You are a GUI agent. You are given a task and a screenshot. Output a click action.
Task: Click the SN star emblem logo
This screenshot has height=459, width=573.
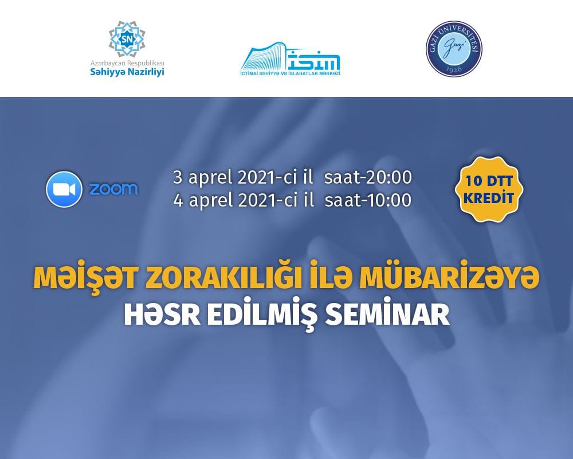point(127,39)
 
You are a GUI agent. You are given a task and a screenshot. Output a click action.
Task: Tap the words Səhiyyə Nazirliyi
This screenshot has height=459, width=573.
point(127,72)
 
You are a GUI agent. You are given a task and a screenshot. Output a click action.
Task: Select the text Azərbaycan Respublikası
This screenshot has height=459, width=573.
point(127,63)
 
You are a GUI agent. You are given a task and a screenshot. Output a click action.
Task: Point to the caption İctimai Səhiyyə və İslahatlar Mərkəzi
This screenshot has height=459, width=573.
point(290,73)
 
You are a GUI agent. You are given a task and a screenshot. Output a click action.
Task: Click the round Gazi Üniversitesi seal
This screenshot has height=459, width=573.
point(454,49)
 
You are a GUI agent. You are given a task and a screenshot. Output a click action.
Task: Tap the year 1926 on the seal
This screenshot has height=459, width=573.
point(454,69)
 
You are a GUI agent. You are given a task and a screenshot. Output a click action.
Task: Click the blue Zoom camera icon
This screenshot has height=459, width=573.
point(64,189)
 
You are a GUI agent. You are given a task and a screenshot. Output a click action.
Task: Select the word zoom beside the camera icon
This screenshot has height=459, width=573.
point(113,189)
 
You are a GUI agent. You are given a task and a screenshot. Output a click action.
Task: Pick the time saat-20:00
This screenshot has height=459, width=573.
point(368,177)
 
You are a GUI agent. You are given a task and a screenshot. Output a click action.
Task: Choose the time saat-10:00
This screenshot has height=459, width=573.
point(368,200)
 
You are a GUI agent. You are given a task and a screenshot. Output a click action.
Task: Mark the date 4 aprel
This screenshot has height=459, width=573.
point(203,201)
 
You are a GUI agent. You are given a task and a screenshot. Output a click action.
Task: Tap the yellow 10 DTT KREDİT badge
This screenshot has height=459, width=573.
point(489,189)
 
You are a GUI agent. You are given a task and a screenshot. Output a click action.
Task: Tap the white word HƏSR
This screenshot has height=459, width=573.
point(162,315)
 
